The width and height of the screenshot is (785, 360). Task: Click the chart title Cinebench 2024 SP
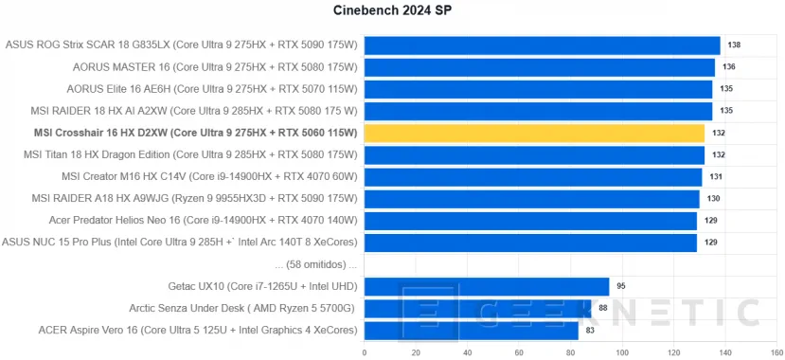click(392, 10)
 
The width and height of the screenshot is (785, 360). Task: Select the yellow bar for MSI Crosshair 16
click(534, 134)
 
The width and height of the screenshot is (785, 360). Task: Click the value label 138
click(734, 45)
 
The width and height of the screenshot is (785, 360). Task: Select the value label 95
click(622, 286)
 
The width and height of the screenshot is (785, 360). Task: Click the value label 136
click(728, 67)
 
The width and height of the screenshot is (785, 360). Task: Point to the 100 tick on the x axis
click(622, 353)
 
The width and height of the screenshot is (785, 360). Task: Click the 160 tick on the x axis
click(776, 353)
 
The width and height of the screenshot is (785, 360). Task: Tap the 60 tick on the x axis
click(519, 353)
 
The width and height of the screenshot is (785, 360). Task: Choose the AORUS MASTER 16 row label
click(215, 67)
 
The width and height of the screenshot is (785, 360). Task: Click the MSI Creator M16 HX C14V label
click(209, 177)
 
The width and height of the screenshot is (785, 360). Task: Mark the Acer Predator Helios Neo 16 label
click(203, 221)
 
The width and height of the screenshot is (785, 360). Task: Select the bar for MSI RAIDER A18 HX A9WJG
click(531, 199)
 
